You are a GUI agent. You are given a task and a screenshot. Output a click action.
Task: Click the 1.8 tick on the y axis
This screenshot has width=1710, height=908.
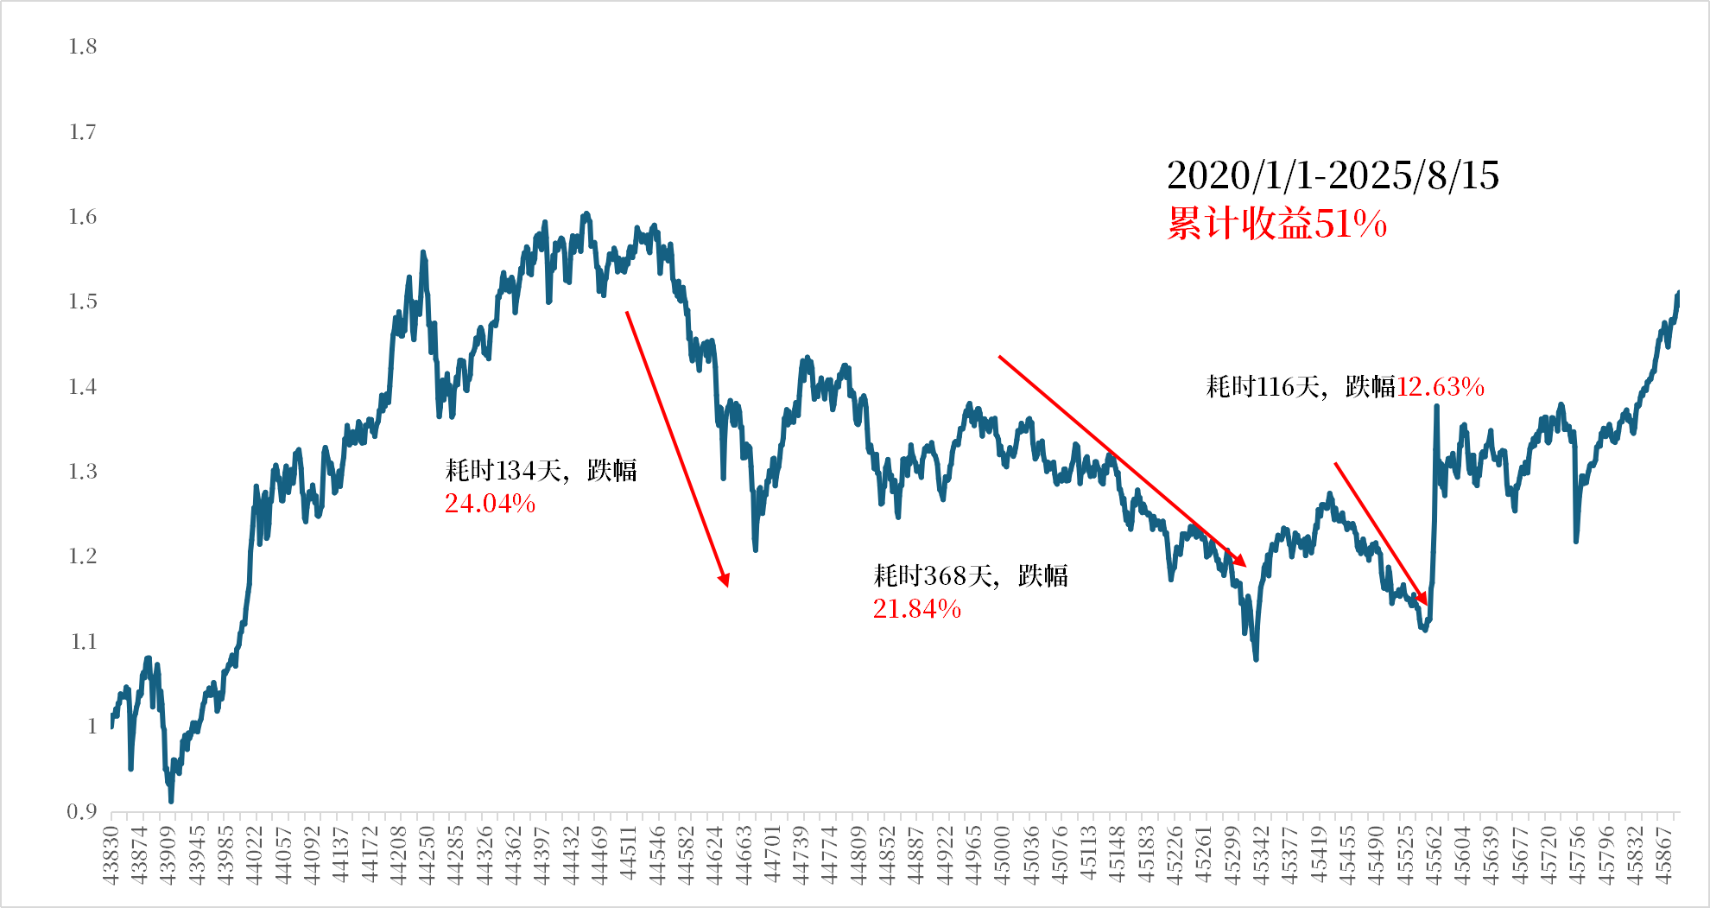[x=83, y=47]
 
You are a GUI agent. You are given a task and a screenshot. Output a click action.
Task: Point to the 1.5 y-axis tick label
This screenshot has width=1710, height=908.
[x=83, y=302]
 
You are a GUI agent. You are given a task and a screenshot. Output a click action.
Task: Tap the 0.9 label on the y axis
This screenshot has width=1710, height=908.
[x=82, y=811]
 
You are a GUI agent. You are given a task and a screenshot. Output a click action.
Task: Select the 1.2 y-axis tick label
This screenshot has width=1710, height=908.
[x=83, y=556]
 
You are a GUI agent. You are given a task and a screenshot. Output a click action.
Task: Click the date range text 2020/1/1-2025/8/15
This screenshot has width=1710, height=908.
[x=1333, y=175]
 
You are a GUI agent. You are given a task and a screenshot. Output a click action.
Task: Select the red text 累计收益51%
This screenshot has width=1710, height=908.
[x=1276, y=224]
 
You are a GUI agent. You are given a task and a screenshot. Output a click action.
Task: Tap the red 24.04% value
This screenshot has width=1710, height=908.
[x=490, y=504]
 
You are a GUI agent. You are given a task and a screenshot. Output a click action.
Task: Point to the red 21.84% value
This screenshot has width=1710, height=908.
[x=916, y=610]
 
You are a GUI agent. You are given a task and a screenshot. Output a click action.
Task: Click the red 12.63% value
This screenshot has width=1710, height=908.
[x=1441, y=387]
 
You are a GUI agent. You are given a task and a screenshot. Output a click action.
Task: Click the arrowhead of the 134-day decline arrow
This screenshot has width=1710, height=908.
[x=725, y=581]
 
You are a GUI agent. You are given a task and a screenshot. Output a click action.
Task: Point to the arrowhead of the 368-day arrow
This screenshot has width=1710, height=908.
[x=1241, y=562]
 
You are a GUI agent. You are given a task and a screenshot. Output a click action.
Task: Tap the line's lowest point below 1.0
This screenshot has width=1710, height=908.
[x=171, y=801]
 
